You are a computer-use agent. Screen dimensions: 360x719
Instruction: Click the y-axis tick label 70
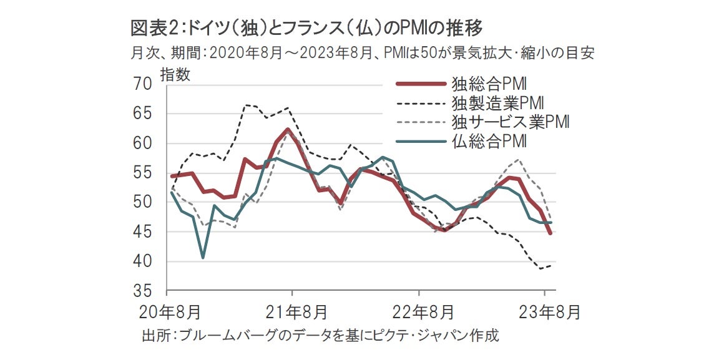tap(143, 84)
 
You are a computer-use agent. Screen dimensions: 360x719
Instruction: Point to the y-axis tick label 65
tap(143, 114)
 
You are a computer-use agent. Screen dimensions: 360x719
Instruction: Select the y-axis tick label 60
tap(143, 143)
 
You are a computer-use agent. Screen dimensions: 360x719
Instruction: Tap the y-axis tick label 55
tap(143, 173)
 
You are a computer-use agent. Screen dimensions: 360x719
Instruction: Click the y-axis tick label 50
tap(143, 202)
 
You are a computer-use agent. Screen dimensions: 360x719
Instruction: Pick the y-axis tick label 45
tap(143, 232)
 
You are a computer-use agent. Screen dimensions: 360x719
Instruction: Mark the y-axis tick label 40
tap(143, 261)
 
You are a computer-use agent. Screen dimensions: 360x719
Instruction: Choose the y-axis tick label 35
tap(143, 291)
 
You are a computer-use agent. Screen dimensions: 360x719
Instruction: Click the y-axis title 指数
tap(175, 74)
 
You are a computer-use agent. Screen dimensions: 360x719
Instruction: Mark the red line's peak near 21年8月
tap(288, 129)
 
